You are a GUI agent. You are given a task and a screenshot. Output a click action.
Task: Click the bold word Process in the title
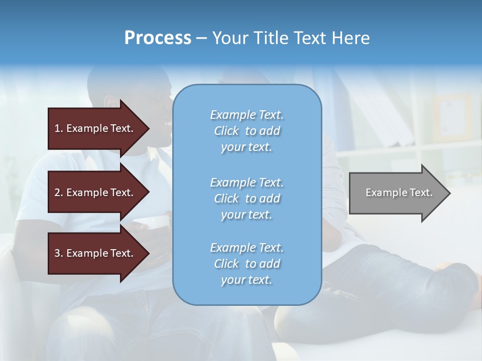(158, 38)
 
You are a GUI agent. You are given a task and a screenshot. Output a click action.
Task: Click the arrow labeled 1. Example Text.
(95, 128)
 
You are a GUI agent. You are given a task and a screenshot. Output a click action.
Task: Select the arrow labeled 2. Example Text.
(95, 193)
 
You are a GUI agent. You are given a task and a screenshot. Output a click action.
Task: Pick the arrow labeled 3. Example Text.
(95, 253)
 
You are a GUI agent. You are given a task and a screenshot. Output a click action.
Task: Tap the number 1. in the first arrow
(59, 128)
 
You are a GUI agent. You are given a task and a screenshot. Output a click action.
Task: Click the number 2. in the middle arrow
(59, 193)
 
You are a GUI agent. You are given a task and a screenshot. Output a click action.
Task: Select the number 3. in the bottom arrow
(59, 253)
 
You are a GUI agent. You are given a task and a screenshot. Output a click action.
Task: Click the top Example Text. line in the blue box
(247, 115)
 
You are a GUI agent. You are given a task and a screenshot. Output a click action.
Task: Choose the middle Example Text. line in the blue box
(247, 183)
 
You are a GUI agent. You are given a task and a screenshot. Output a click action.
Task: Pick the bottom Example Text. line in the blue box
(247, 248)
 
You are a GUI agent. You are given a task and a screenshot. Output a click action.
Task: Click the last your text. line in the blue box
(247, 280)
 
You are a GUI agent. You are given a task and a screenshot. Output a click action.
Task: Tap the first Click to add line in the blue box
(247, 131)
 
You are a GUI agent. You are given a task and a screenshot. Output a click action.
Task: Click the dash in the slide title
(201, 39)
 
